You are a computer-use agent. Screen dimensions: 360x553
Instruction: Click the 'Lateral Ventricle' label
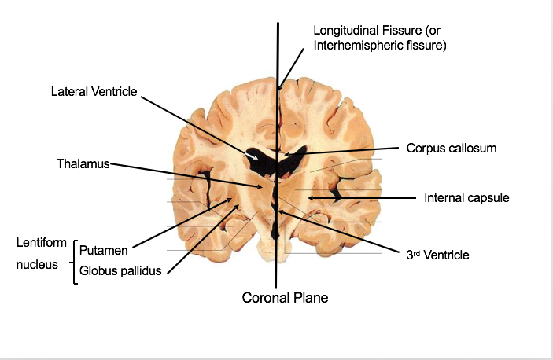pyautogui.click(x=94, y=92)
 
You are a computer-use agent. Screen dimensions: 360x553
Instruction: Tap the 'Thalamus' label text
pyautogui.click(x=83, y=164)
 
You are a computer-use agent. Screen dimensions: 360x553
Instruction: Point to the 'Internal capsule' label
pyautogui.click(x=466, y=198)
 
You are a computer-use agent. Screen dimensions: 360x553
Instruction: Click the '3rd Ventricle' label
pyautogui.click(x=437, y=255)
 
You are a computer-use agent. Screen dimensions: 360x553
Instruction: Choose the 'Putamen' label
pyautogui.click(x=103, y=250)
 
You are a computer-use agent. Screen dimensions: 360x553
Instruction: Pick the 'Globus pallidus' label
pyautogui.click(x=120, y=271)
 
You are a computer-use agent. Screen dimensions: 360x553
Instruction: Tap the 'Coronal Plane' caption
pyautogui.click(x=285, y=297)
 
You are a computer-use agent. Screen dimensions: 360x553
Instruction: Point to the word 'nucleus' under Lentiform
pyautogui.click(x=37, y=265)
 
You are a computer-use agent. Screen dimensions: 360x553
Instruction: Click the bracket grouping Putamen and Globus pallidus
pyautogui.click(x=74, y=261)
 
